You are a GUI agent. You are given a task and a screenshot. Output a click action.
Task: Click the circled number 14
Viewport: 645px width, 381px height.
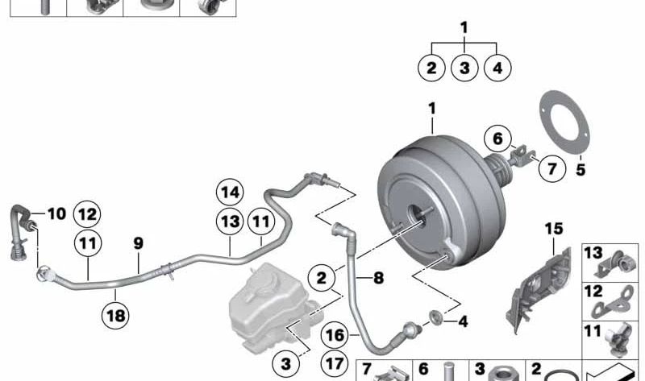point(229,193)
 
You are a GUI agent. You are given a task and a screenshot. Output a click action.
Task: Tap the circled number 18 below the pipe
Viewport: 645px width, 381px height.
point(116,317)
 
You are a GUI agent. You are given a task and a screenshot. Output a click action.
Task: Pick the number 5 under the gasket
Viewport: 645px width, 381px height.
point(580,170)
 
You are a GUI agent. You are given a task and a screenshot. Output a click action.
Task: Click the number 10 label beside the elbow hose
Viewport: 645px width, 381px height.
point(56,213)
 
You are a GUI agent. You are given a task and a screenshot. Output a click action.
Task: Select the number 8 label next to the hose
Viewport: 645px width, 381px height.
point(378,278)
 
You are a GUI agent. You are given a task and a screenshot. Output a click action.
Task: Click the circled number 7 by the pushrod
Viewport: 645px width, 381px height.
point(551,169)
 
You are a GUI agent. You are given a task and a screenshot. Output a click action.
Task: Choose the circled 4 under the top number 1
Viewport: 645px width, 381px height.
point(497,68)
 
